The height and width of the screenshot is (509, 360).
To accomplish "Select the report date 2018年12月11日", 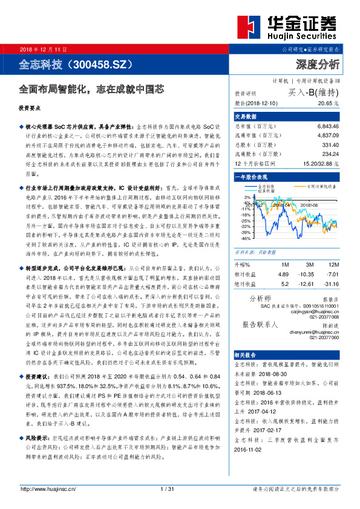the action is pyautogui.click(x=44, y=48).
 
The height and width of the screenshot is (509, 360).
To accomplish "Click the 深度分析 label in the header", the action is pyautogui.click(x=318, y=64).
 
